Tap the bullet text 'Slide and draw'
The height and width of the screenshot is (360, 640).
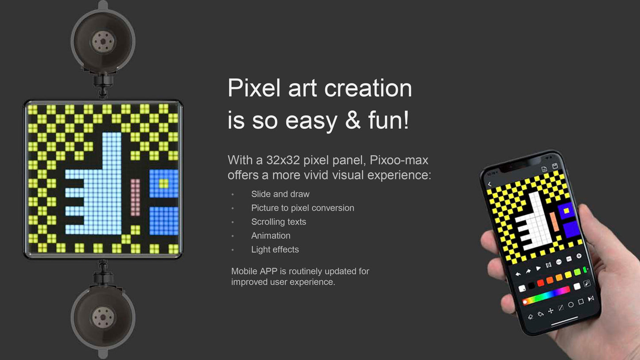tap(280, 194)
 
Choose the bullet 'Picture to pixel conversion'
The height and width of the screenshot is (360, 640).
tap(303, 208)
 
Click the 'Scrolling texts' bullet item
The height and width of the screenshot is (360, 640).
tap(279, 222)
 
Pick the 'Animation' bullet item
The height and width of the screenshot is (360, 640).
tap(271, 236)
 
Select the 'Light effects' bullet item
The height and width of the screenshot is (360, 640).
tap(275, 249)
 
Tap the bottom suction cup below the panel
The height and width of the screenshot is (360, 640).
tap(103, 317)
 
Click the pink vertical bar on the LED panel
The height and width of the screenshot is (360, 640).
tap(135, 197)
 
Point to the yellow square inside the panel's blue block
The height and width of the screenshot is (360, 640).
tap(163, 183)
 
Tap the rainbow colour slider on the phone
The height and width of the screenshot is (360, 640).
tap(547, 296)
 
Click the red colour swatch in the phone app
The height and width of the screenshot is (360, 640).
tap(540, 283)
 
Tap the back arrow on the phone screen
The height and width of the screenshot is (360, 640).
tap(489, 184)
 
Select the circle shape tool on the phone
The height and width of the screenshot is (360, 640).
tap(571, 304)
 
